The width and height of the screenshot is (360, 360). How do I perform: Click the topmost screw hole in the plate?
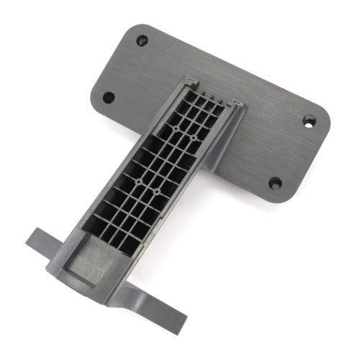pos(142,40)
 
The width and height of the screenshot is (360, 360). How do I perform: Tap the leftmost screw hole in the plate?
pos(108,96)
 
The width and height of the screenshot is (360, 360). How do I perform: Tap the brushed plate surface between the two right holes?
pos(292,151)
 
